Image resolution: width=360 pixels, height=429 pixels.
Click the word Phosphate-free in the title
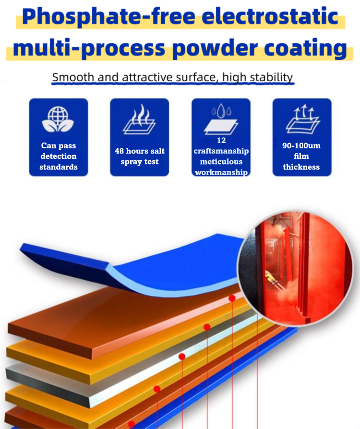click(108, 17)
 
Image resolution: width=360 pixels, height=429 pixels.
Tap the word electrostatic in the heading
click(270, 16)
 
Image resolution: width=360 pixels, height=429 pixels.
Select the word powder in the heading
click(215, 48)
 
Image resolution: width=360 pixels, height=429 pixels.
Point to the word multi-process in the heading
click(89, 48)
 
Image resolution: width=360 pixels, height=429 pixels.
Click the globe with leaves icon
click(58, 119)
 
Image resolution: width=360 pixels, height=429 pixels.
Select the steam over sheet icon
click(140, 119)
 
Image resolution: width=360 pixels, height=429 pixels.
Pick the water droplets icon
click(221, 119)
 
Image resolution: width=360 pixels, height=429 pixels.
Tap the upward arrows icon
click(303, 119)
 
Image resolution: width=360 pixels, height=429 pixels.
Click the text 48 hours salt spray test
click(140, 156)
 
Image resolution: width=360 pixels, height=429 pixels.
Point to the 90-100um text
click(301, 145)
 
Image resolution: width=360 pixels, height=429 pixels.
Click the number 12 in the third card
click(221, 140)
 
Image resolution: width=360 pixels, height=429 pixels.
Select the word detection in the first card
click(59, 156)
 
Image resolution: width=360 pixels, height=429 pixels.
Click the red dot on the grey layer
click(182, 357)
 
